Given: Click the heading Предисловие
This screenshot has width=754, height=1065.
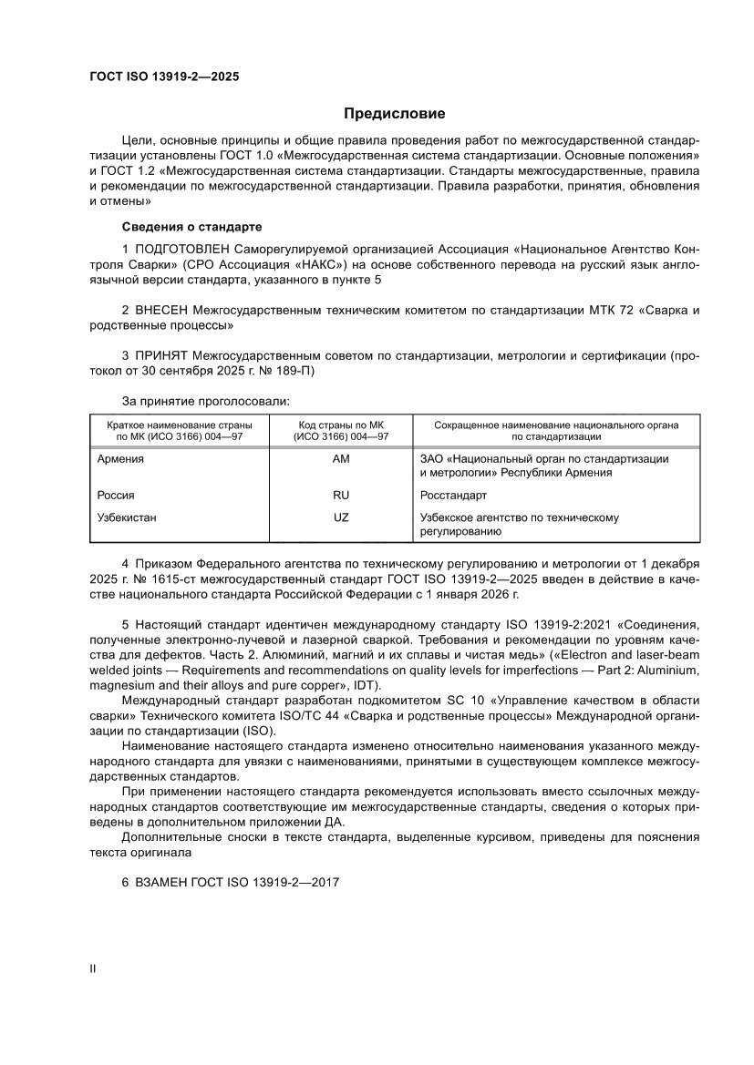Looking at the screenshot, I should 394,114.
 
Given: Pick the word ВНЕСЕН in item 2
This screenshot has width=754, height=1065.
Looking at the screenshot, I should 165,311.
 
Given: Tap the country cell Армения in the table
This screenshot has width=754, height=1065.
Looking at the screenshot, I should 120,459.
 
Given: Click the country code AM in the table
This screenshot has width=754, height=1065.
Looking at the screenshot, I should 341,459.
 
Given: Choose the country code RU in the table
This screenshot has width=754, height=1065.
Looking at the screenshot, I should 341,496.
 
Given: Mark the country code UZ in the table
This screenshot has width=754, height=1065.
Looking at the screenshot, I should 341,517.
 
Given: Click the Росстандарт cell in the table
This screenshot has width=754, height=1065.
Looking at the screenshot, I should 453,496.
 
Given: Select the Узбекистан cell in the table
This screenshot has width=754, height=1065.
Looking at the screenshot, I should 127,517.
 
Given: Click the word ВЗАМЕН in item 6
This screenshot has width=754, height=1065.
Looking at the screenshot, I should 165,885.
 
